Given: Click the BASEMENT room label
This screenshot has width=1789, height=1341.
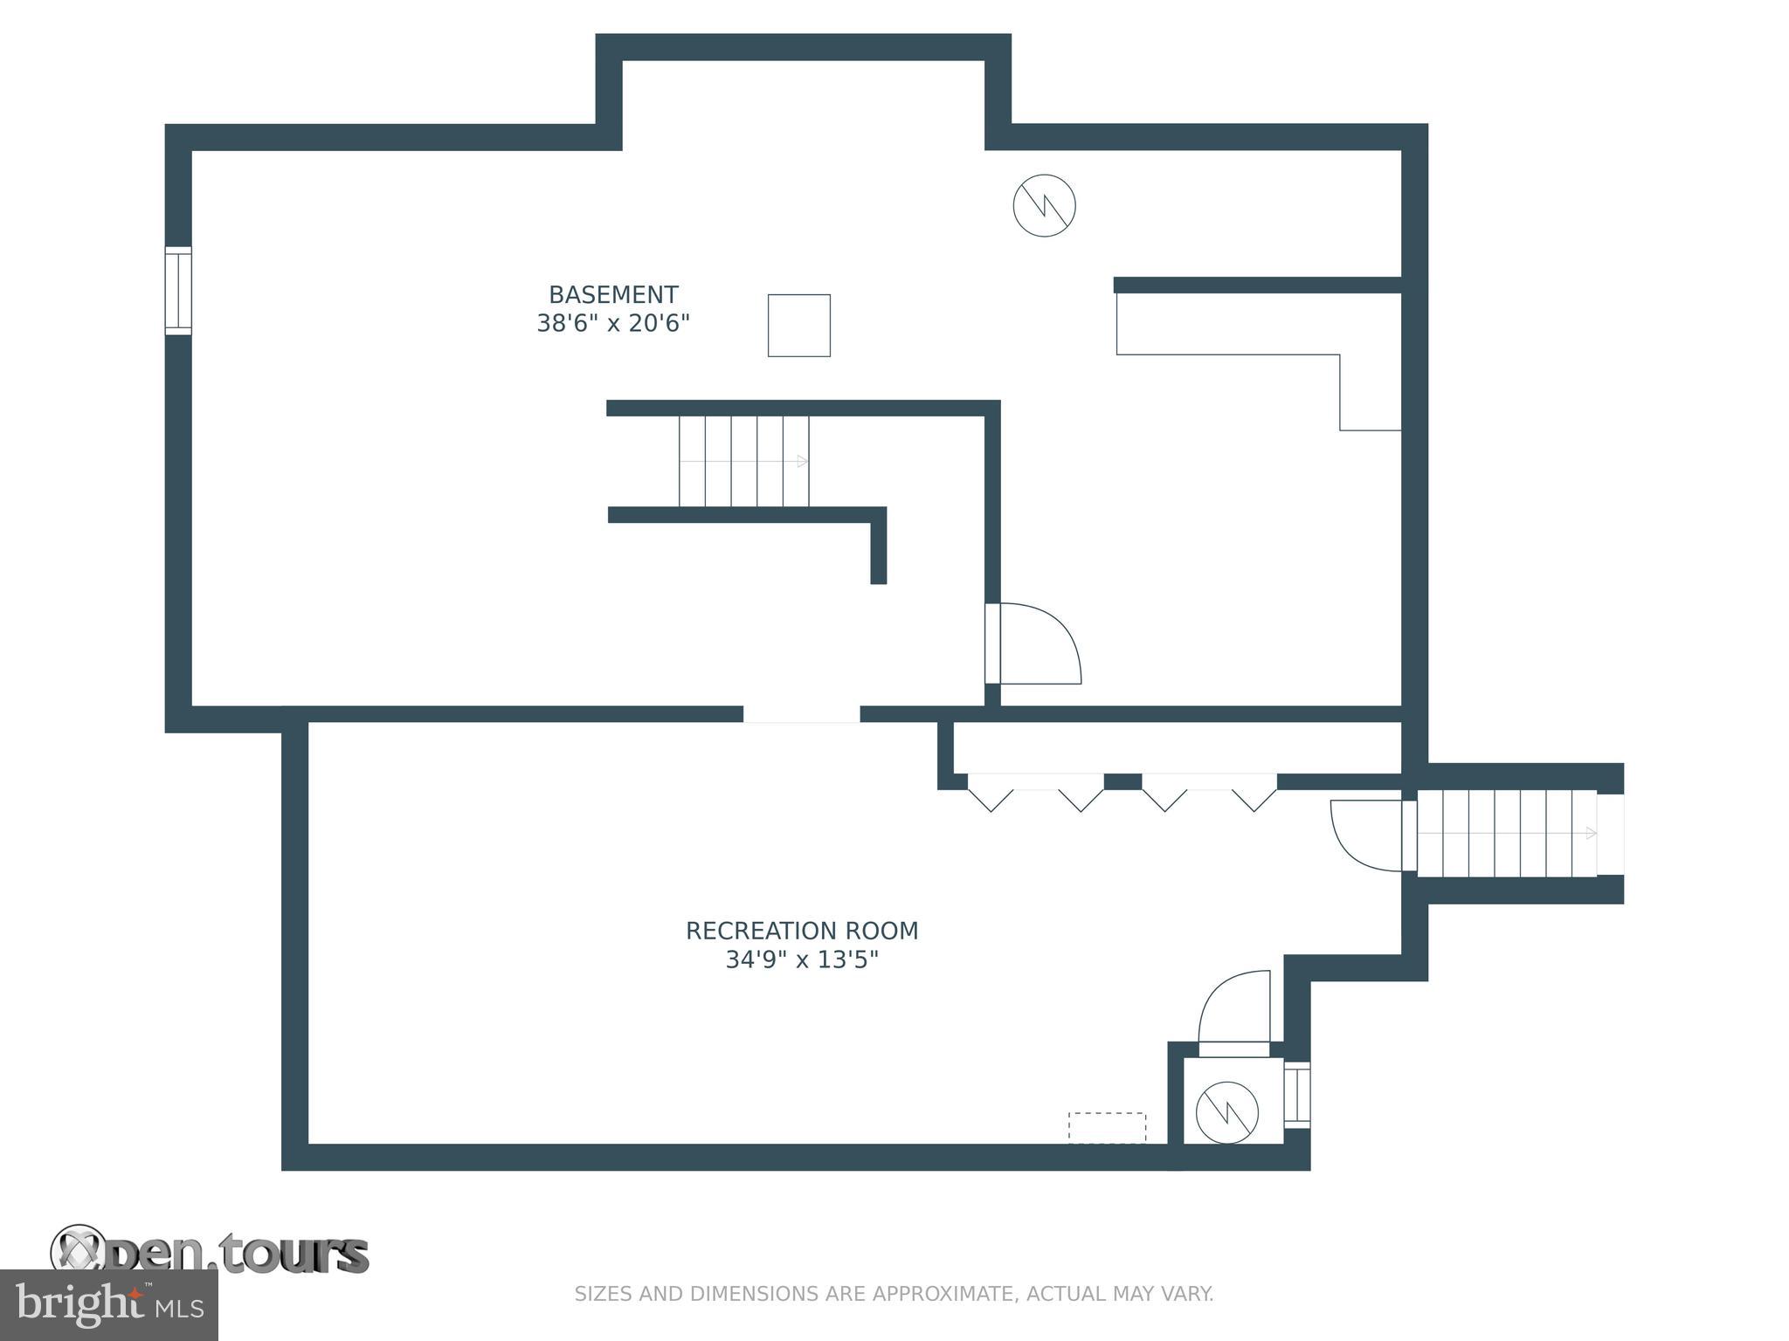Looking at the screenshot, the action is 613,295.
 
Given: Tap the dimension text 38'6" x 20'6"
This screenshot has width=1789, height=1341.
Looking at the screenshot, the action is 613,324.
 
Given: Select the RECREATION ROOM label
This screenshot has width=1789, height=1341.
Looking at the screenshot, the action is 802,932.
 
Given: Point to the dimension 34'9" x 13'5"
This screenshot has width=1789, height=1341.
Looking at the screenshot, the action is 802,960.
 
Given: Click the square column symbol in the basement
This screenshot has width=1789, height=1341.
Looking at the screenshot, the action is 798,326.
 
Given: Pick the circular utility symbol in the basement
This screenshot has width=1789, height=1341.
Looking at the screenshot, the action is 1044,206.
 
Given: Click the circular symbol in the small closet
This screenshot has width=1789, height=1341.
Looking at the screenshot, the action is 1226,1112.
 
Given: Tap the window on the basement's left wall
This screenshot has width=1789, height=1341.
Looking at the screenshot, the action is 178,291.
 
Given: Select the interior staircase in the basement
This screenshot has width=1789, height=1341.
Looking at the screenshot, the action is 744,461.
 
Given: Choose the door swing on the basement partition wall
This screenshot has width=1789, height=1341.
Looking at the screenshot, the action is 1037,644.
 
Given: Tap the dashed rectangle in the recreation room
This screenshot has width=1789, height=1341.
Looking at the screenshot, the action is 1107,1127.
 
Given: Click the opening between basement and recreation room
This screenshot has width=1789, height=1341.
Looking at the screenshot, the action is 801,714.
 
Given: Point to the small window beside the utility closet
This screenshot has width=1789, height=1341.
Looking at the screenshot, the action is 1298,1095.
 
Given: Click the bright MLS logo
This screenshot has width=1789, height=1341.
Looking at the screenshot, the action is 108,1304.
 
